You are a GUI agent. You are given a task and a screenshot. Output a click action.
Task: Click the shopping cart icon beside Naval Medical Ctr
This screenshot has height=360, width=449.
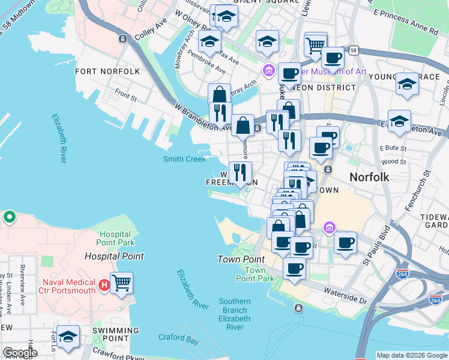click(x=121, y=282)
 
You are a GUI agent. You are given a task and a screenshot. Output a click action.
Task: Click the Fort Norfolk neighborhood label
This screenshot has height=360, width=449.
click(x=107, y=71)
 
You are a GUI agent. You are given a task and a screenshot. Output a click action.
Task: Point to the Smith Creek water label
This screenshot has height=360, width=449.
click(x=184, y=159)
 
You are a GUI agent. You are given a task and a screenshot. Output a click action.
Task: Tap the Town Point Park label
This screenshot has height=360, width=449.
click(x=251, y=274)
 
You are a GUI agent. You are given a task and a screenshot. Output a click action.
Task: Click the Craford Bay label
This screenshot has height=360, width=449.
click(x=178, y=338)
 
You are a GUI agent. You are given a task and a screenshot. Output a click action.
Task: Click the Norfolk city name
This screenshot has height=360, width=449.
click(x=369, y=177)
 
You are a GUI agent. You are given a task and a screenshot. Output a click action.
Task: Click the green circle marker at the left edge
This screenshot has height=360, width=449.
click(x=9, y=217)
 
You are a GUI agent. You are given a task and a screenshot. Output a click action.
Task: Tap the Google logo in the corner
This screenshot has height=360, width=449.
click(x=20, y=353)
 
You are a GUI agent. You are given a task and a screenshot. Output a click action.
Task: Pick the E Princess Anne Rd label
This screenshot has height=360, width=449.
click(x=405, y=28)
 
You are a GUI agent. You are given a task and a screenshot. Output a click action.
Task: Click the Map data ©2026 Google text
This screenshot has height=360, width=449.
click(x=412, y=355)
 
